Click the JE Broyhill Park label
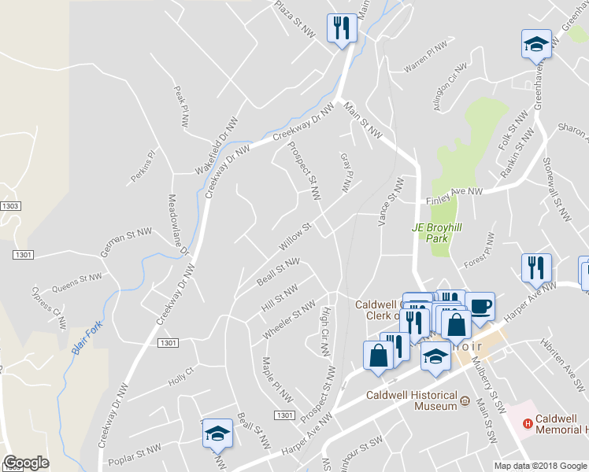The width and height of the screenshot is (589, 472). (x=433, y=233)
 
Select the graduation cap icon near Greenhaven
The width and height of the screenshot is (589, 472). (x=536, y=45)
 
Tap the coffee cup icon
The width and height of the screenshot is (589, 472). (x=480, y=305)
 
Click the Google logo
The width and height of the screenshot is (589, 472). (x=26, y=463)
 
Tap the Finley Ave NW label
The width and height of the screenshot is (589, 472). (x=454, y=195)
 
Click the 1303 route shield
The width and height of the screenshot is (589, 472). (x=11, y=205)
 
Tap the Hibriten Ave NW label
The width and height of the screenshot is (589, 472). (x=562, y=361)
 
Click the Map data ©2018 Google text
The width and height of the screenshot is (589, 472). (x=540, y=466)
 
